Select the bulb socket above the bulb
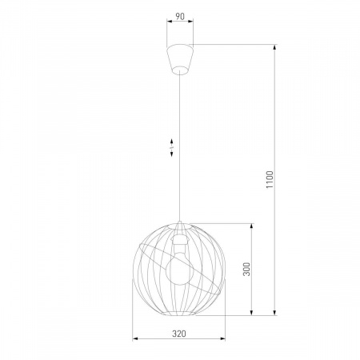[x=181, y=239]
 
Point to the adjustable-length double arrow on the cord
[x=174, y=148]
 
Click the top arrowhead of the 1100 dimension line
[x=274, y=45]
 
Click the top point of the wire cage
[x=181, y=222]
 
